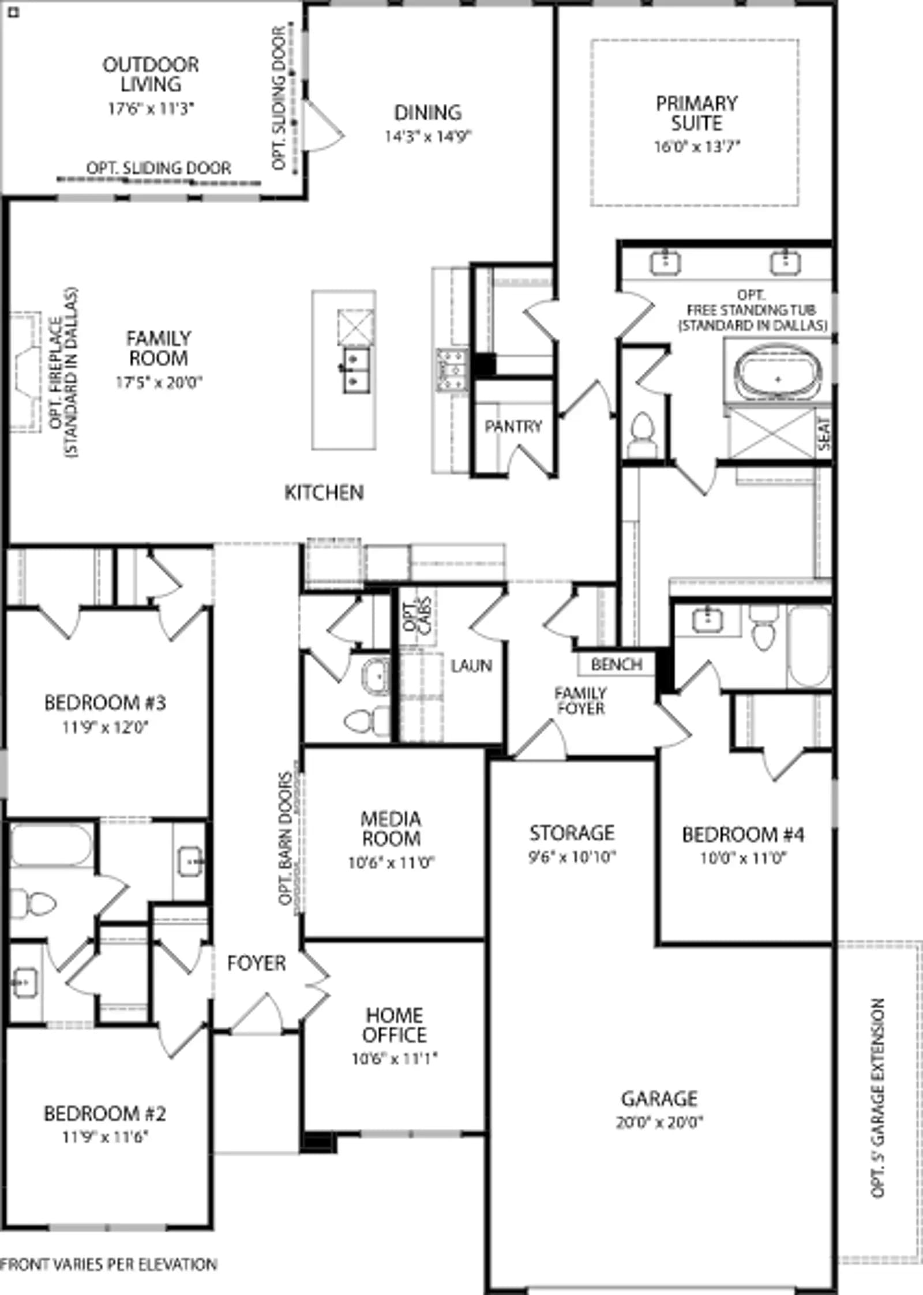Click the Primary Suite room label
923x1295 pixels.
697,113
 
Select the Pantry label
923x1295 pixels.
513,426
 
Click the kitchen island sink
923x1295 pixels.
357,370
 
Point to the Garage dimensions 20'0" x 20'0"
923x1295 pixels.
659,1122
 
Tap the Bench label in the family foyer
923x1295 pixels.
617,665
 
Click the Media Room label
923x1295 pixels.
391,828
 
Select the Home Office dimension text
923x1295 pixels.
395,1058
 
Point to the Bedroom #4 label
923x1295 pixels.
743,834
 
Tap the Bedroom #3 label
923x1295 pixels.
105,703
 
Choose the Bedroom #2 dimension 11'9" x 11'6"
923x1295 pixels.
105,1137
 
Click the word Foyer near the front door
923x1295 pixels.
256,963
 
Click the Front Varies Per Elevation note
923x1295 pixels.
108,1265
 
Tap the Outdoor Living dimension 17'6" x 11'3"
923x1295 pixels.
151,108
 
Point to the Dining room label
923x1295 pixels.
428,112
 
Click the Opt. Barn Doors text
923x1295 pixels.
286,839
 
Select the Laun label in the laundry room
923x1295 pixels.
471,666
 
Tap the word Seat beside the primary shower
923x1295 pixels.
824,434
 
